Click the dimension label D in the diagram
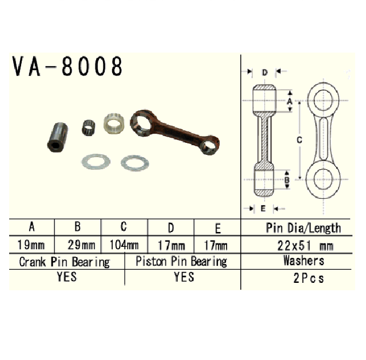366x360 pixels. coord(264,73)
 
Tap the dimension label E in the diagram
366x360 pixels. coord(263,208)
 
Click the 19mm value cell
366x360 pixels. coord(32,246)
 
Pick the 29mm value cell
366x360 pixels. coord(78,246)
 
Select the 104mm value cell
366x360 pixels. coord(124,246)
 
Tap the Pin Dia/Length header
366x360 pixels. coord(304,228)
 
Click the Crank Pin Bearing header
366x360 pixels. coord(65,262)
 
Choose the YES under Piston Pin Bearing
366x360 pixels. coord(183,278)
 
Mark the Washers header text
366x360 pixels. coord(304,262)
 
